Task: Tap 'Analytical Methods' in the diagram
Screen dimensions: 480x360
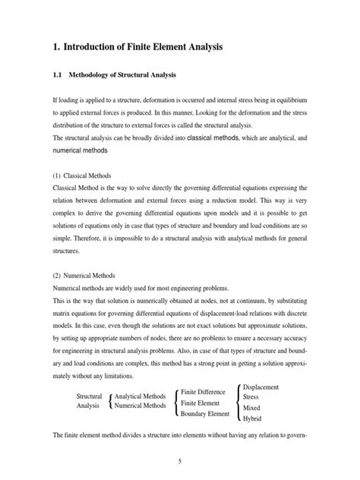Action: pyautogui.click(x=140, y=396)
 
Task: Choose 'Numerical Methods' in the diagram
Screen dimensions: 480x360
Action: pyautogui.click(x=140, y=406)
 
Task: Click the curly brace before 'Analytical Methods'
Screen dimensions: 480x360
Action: pyautogui.click(x=112, y=401)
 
